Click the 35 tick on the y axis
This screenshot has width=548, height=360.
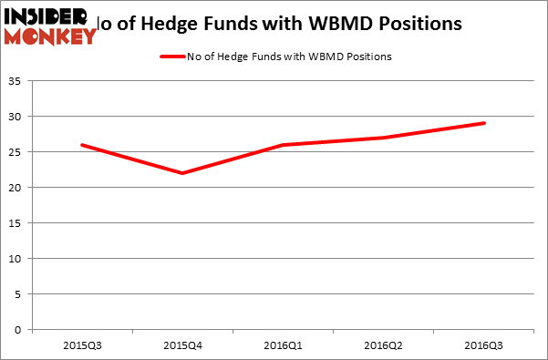pyautogui.click(x=16, y=82)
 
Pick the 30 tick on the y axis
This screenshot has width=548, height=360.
pyautogui.click(x=16, y=117)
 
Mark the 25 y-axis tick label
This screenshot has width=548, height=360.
pyautogui.click(x=16, y=152)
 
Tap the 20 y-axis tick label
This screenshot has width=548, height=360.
pyautogui.click(x=16, y=188)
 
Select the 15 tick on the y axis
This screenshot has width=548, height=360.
pyautogui.click(x=16, y=223)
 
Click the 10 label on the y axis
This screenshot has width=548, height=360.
pyautogui.click(x=16, y=259)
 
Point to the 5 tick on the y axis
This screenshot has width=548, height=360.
pyautogui.click(x=19, y=294)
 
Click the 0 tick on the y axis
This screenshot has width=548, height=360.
pyautogui.click(x=19, y=330)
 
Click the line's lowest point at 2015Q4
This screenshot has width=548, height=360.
pyautogui.click(x=183, y=173)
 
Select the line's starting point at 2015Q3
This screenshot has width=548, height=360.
pyautogui.click(x=82, y=145)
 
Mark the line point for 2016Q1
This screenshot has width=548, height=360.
pyautogui.click(x=284, y=145)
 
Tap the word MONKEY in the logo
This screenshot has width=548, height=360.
pyautogui.click(x=50, y=36)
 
